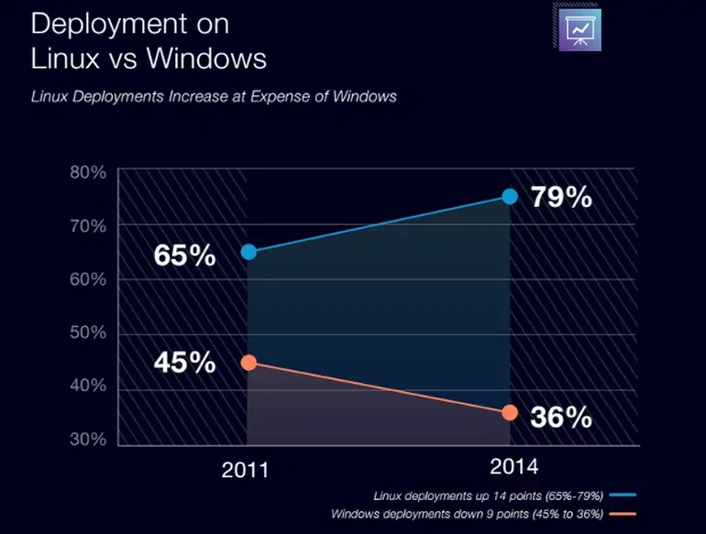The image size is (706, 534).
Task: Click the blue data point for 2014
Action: coord(510,197)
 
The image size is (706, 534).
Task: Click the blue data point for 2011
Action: coord(248,252)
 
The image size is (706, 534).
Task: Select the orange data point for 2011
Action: coord(248,363)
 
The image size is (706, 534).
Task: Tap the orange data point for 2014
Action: coord(510,412)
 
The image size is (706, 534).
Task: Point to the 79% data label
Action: coord(561,197)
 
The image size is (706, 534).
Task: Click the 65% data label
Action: coord(184,255)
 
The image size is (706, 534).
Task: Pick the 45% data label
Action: coord(184,362)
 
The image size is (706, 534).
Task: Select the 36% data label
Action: coord(561,417)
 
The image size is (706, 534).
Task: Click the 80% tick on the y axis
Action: coord(89,171)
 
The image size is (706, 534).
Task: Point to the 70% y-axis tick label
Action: coord(89,225)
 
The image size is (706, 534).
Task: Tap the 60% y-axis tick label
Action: coord(89,279)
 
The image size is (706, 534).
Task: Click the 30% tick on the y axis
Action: coord(89,441)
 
